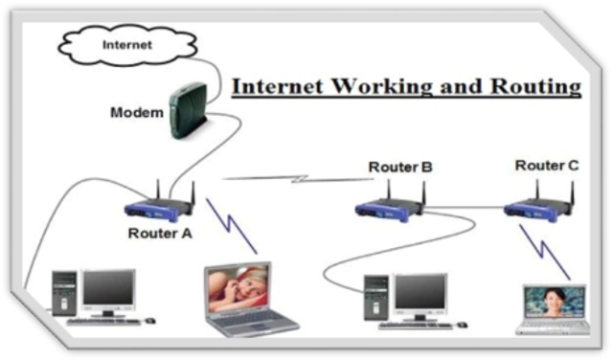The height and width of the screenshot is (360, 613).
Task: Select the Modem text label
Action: click(x=137, y=113)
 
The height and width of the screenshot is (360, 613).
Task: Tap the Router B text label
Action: click(x=400, y=168)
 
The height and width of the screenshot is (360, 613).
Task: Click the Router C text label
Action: click(x=546, y=166)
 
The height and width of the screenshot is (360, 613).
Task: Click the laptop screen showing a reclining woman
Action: click(x=237, y=288)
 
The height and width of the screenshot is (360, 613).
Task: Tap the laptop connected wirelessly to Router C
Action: click(x=552, y=306)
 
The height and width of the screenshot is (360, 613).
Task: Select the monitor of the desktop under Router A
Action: click(x=107, y=289)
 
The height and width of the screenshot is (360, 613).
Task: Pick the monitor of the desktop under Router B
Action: click(x=420, y=294)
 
